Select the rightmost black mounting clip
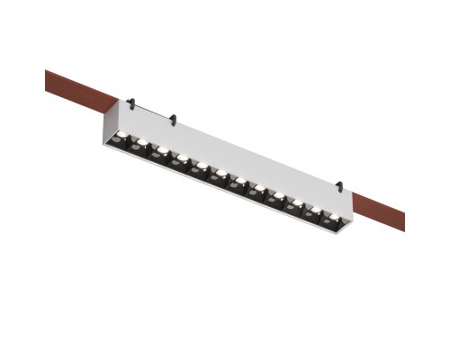point(338,187)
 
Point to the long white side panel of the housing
point(234,153)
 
